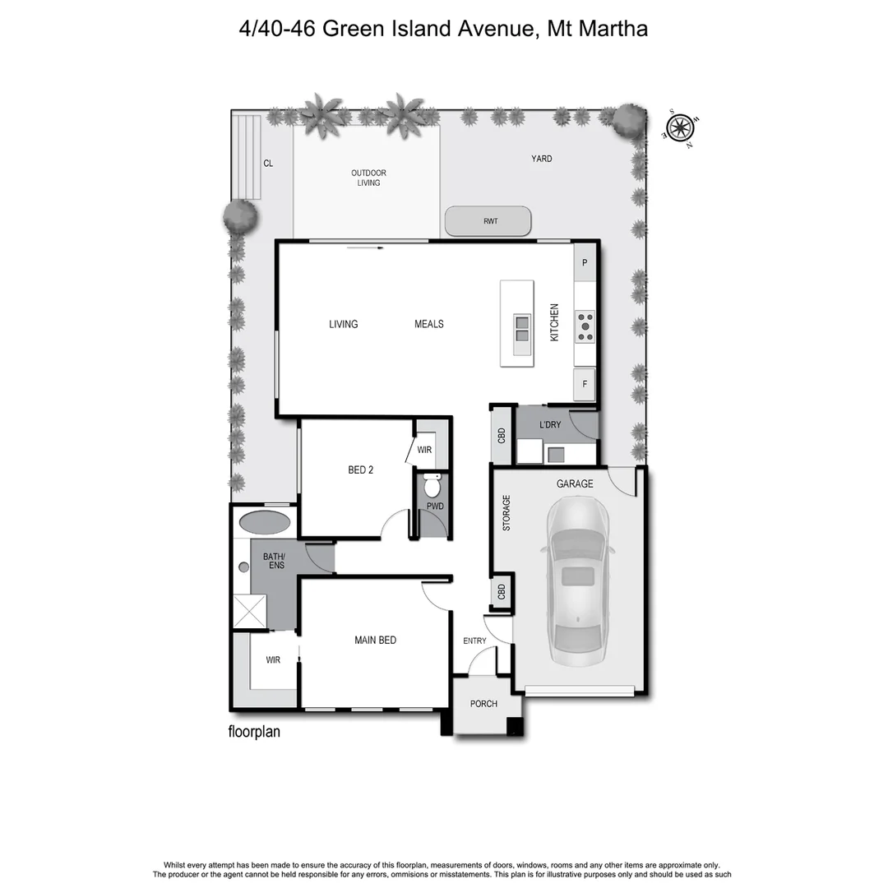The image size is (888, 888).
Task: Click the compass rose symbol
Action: coord(679,127)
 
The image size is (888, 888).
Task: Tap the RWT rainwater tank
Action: coord(488,221)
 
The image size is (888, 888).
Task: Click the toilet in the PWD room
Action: coord(432,485)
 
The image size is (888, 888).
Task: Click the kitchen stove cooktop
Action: coord(585,326)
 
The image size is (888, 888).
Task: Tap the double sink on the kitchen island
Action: coord(522,328)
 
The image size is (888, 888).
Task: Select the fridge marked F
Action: coord(584,384)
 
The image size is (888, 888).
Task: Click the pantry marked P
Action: coord(585,263)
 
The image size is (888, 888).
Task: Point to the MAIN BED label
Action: coord(375,640)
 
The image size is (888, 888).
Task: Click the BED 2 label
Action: coord(361,470)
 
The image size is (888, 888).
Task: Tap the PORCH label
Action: coord(483,704)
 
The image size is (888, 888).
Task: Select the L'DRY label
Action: coord(550,425)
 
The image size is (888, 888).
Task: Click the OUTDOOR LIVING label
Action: coord(368,178)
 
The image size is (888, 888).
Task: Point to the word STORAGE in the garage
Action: coord(506,512)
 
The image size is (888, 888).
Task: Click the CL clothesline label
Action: coord(268,163)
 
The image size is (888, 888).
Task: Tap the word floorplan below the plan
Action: coord(254,731)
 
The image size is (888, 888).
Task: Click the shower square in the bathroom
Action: coord(250,612)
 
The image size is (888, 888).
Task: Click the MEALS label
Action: coord(428,324)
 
